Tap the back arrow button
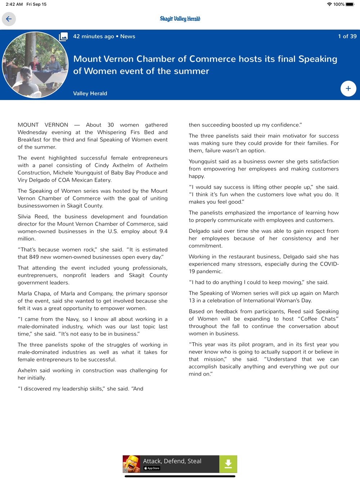tap(9, 19)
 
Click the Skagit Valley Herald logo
tap(180, 19)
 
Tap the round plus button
tap(348, 89)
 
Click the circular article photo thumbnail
tap(35, 65)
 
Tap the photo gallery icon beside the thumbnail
tap(63, 37)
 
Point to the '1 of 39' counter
tap(347, 36)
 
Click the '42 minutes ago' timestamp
tap(93, 36)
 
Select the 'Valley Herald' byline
tap(90, 94)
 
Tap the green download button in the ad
tap(228, 464)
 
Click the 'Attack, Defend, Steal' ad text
tap(172, 461)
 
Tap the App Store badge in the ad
tap(152, 468)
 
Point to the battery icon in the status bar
tap(350, 4)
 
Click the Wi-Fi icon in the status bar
tap(329, 4)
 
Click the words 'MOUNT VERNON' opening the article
tap(43, 125)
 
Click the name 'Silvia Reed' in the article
tap(33, 217)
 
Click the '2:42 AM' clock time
tap(14, 4)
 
